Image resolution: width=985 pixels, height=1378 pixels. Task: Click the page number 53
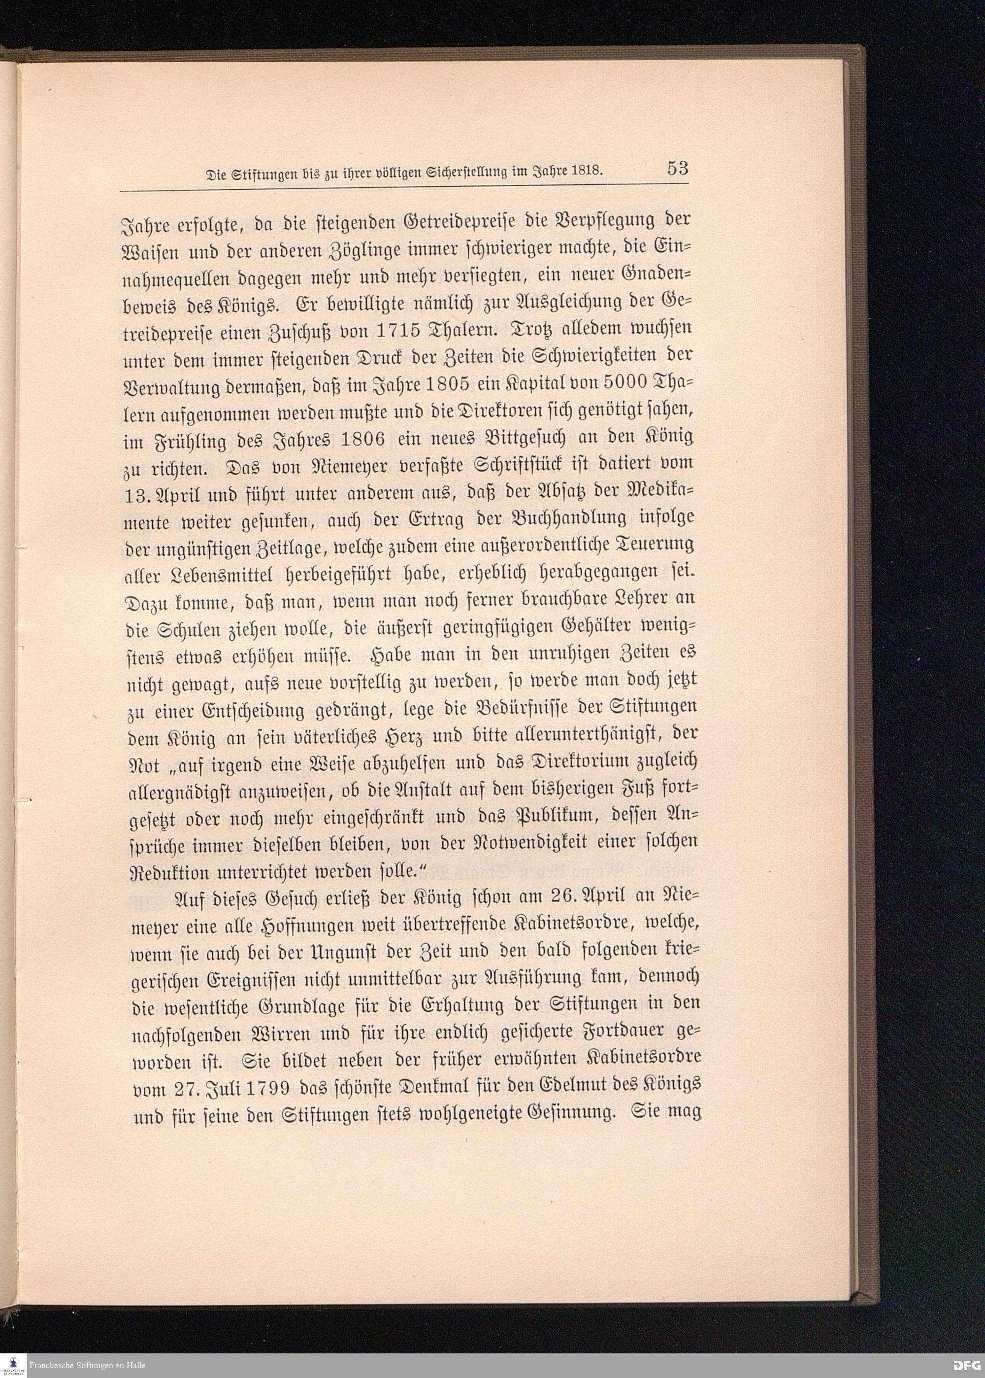(678, 168)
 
